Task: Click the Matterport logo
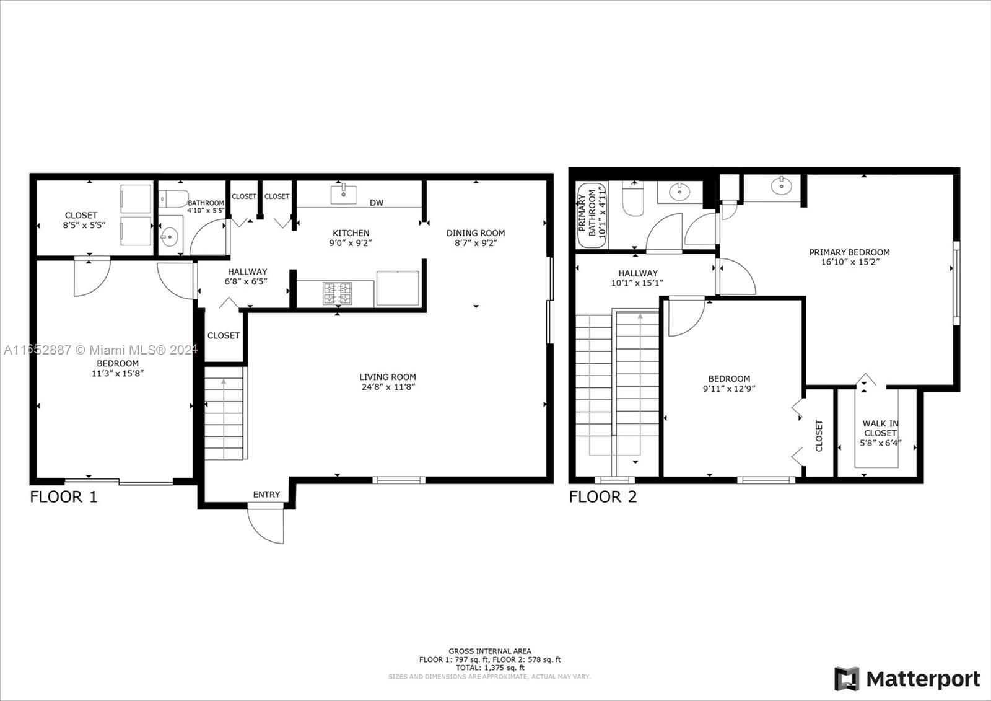(907, 679)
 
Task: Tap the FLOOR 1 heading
(63, 497)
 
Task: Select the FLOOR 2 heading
(603, 497)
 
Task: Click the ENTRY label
(266, 494)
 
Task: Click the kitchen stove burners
(338, 293)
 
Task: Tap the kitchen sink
(343, 195)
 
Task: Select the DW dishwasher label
(377, 203)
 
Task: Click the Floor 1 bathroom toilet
(173, 199)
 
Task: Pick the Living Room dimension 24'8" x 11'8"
(388, 387)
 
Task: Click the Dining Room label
(476, 233)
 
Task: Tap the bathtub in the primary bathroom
(592, 215)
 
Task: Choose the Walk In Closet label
(880, 428)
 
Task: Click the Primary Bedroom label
(849, 252)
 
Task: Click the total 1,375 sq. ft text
(490, 668)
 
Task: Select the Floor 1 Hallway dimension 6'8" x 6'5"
(246, 281)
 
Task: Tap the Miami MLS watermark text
(100, 350)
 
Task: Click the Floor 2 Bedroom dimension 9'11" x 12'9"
(729, 389)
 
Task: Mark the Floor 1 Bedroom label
(118, 363)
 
